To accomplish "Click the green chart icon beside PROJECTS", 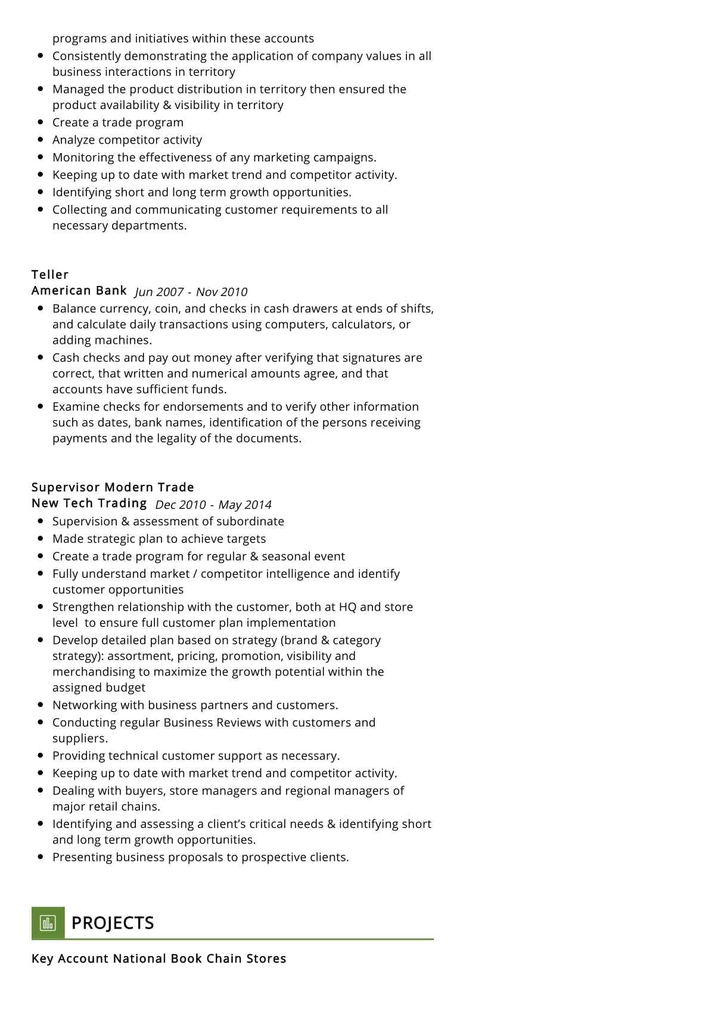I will (48, 923).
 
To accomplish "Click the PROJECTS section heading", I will (113, 923).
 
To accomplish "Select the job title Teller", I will (50, 275).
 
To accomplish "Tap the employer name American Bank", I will (79, 291).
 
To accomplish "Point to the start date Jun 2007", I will (159, 292).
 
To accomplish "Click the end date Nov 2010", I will (222, 292).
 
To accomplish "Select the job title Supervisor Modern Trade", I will (113, 487).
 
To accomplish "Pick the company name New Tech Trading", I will (89, 503).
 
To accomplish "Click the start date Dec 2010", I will (181, 505).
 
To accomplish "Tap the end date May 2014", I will (245, 505).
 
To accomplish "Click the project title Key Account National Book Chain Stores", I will (158, 958).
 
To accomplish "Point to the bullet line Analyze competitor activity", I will (127, 140).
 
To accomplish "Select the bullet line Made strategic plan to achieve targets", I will (159, 539).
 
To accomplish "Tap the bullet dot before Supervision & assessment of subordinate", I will (41, 521).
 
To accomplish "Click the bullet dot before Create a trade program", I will (41, 122).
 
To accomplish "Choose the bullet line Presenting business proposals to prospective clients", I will (200, 857).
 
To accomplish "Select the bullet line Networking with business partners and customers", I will (195, 705).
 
